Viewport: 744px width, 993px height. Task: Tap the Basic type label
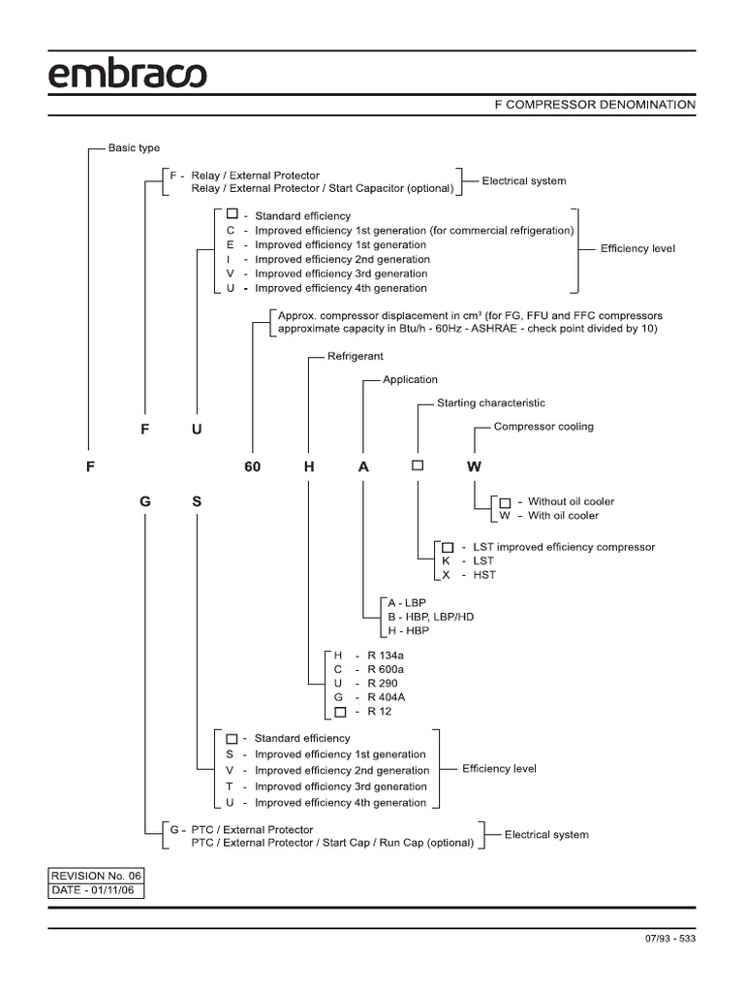pyautogui.click(x=134, y=148)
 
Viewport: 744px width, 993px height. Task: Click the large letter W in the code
pyautogui.click(x=474, y=466)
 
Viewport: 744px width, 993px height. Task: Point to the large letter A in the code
pyautogui.click(x=363, y=466)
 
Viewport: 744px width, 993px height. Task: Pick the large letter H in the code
pyautogui.click(x=309, y=466)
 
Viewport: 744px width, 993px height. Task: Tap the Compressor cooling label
pyautogui.click(x=543, y=426)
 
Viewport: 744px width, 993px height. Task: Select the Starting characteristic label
pyautogui.click(x=491, y=402)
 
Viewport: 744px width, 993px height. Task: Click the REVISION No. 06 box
pyautogui.click(x=96, y=874)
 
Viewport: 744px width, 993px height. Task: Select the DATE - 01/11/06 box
pyautogui.click(x=96, y=889)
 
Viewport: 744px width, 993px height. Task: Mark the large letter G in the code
pyautogui.click(x=145, y=503)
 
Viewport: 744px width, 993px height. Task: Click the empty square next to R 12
pyautogui.click(x=339, y=713)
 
